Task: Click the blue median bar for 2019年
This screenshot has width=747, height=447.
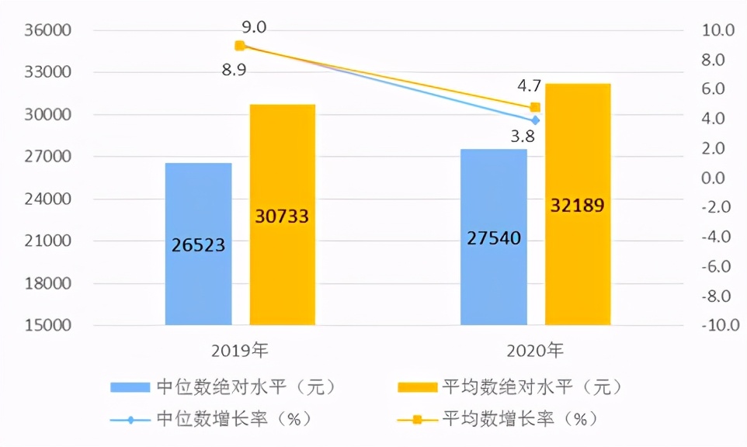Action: click(x=199, y=244)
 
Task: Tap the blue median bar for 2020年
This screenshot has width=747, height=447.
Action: click(x=494, y=236)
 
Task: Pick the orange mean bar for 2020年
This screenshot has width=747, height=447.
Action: click(x=578, y=204)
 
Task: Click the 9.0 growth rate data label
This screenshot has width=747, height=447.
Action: click(x=255, y=28)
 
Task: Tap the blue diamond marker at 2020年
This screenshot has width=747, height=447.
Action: click(x=535, y=120)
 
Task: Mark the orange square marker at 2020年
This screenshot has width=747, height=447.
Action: click(x=535, y=108)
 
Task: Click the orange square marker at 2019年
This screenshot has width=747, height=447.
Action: click(x=240, y=46)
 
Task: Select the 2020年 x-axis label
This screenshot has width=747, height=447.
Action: click(x=535, y=350)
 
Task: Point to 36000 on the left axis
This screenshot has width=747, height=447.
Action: click(x=49, y=31)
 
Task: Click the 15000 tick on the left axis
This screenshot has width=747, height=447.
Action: click(x=49, y=325)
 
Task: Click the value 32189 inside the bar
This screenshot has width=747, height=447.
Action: click(x=578, y=206)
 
